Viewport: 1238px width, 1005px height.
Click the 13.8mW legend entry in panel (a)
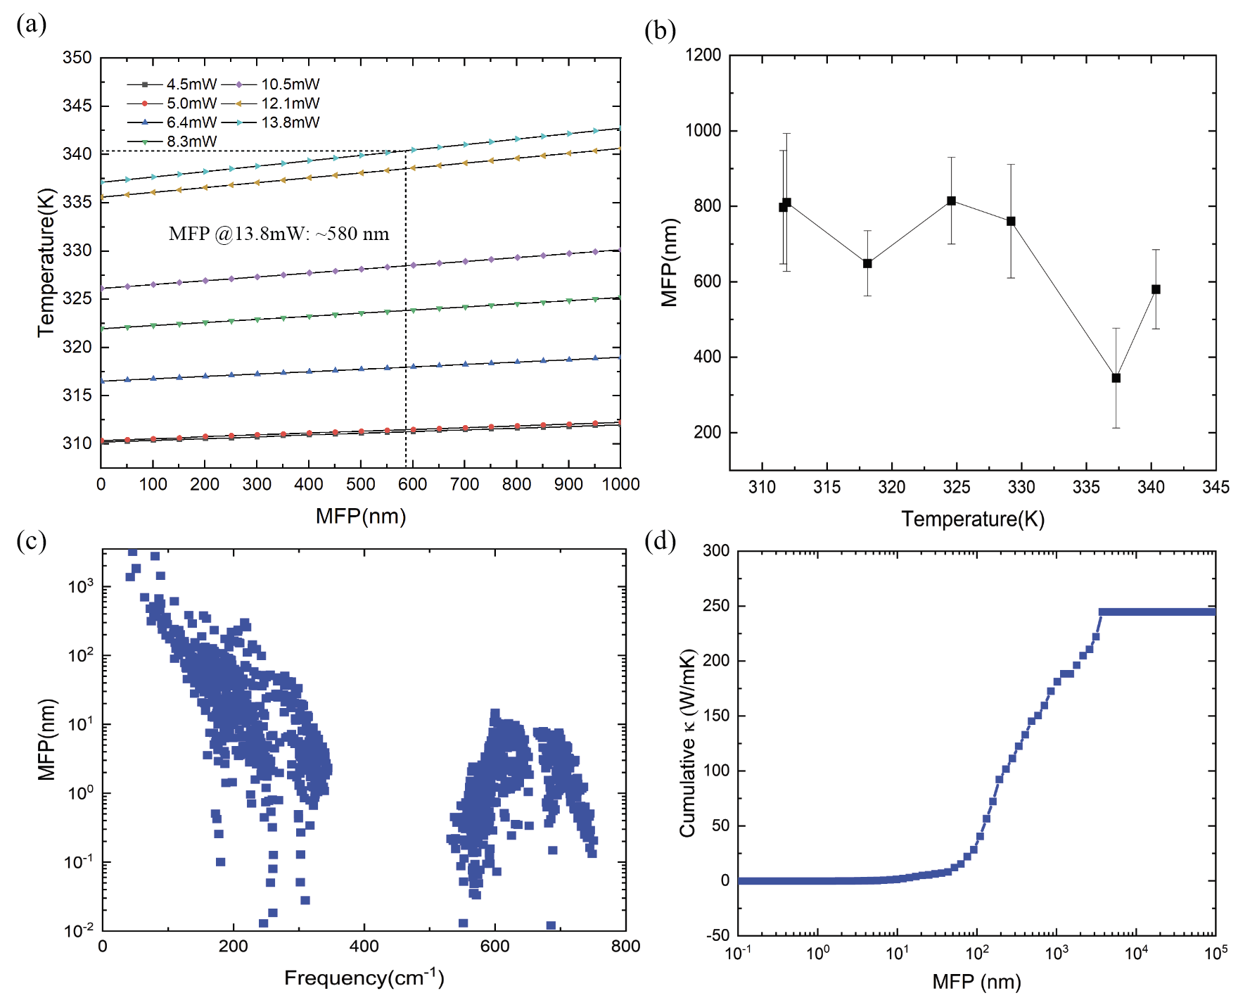coord(290,122)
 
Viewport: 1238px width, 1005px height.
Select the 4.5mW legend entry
coord(191,84)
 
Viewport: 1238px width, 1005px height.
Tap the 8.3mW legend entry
coord(191,141)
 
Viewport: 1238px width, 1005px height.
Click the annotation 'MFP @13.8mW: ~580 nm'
coord(279,234)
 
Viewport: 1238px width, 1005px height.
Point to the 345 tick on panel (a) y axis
coord(77,106)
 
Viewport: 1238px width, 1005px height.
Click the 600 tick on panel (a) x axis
coord(412,484)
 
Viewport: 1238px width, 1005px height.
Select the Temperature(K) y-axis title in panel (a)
coord(46,262)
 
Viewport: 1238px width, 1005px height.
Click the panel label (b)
coord(660,30)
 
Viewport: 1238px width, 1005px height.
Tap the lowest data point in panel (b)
coord(1116,378)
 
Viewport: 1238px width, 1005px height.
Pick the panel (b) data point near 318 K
coord(867,263)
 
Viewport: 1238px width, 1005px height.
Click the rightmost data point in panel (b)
coord(1156,289)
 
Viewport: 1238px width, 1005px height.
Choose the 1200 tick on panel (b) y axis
coord(703,56)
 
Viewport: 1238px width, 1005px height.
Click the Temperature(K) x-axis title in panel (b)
coord(973,519)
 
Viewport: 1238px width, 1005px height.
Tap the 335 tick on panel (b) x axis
coord(1086,487)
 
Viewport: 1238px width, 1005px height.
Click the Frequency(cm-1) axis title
coord(364,978)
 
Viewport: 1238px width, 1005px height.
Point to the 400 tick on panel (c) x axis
coord(364,947)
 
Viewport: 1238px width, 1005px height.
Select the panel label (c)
coord(31,541)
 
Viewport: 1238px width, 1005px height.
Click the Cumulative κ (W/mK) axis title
coord(687,743)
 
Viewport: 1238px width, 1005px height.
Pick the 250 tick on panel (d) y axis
coord(716,606)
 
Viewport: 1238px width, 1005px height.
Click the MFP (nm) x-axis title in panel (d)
coord(976,982)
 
